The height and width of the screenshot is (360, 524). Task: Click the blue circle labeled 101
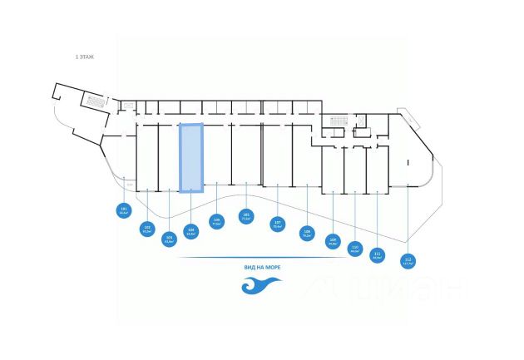[124, 211]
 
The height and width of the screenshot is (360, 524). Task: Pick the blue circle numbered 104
[191, 233]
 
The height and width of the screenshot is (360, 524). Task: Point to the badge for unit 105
[216, 223]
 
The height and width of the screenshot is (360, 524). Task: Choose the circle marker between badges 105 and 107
[245, 215]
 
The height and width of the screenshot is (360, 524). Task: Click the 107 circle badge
[278, 223]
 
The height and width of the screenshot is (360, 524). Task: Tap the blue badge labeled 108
[307, 234]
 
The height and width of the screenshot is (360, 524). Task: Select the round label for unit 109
[333, 243]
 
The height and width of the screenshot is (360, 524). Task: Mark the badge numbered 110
[355, 248]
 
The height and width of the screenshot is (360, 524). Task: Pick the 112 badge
[408, 260]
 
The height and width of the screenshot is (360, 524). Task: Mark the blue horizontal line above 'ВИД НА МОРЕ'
[261, 259]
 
